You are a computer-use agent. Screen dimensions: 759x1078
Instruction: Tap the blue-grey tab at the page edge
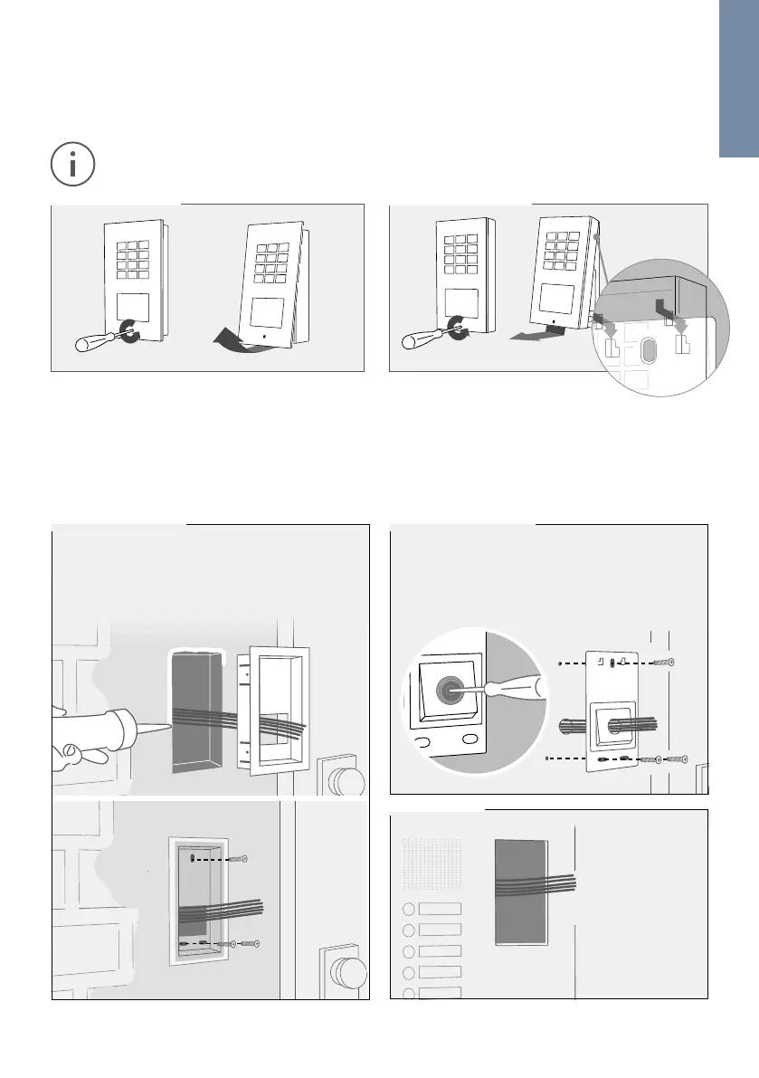[739, 78]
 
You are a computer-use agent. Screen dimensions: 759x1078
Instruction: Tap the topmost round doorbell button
[408, 909]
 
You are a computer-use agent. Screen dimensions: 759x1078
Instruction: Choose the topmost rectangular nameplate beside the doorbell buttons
[440, 908]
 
